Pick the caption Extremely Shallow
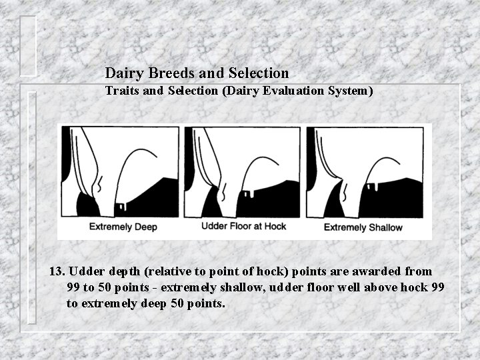[363, 227]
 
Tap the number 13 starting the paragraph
[57, 272]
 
